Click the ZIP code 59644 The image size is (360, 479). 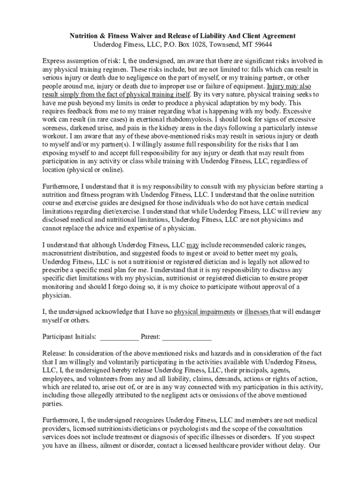pos(262,44)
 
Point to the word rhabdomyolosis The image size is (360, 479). pos(154,119)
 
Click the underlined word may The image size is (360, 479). pos(193,245)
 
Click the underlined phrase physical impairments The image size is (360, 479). pos(204,312)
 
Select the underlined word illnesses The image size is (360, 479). pos(256,312)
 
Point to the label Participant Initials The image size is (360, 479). pos(70,336)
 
